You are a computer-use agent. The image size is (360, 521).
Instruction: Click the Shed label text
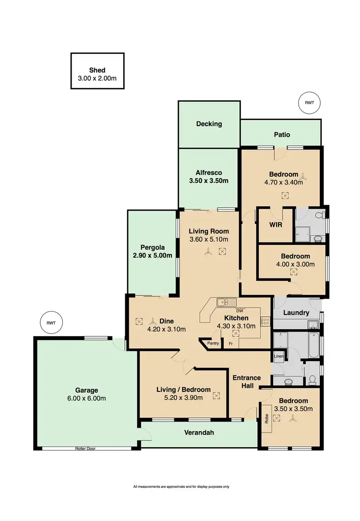[x=97, y=70]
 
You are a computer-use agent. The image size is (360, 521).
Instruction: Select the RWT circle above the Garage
[x=51, y=323]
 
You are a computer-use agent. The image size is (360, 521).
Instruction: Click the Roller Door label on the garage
[x=85, y=448]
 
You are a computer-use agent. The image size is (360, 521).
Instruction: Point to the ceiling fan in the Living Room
[x=207, y=251]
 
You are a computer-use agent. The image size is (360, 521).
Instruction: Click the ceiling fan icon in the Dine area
[x=153, y=321]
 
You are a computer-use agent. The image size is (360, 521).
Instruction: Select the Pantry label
[x=213, y=343]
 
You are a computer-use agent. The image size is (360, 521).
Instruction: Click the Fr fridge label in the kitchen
[x=230, y=344]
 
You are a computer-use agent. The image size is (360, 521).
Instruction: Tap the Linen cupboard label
[x=278, y=356]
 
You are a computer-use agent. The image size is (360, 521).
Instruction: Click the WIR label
[x=275, y=224]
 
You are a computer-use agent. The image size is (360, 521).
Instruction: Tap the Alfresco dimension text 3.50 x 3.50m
[x=208, y=181]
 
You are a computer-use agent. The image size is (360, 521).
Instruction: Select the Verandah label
[x=199, y=432]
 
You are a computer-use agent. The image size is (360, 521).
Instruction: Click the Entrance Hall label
[x=247, y=382]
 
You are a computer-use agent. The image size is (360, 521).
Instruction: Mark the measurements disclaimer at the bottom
[x=181, y=486]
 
